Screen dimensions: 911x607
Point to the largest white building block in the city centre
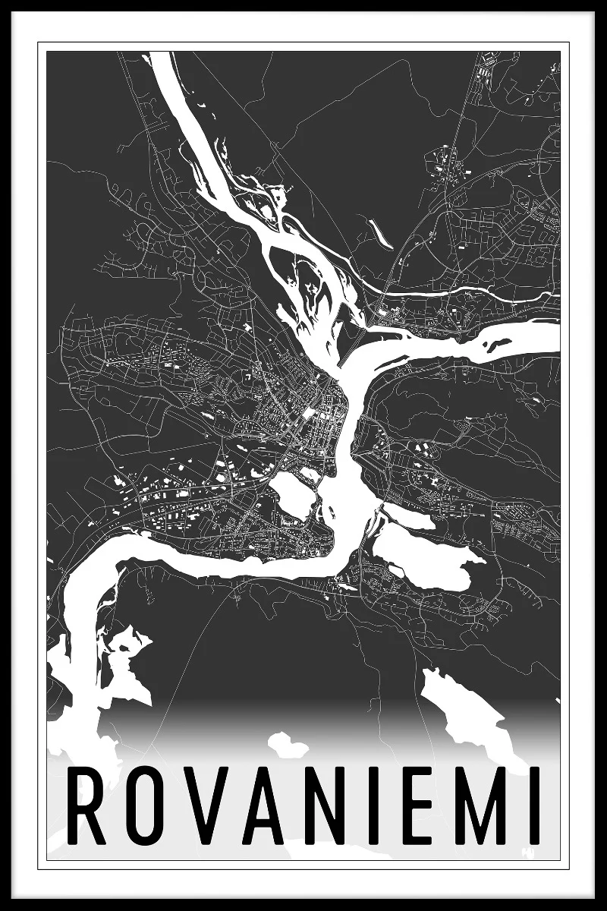tap(310, 413)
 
